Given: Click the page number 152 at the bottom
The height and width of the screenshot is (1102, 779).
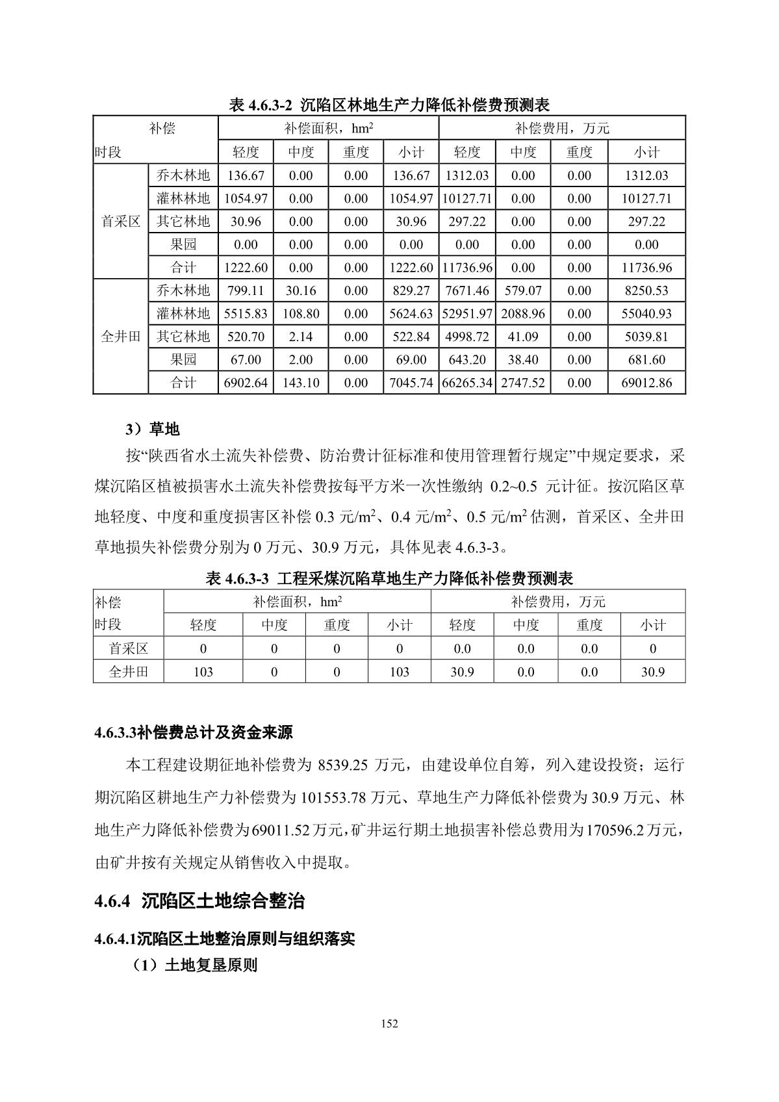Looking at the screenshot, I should [x=389, y=1024].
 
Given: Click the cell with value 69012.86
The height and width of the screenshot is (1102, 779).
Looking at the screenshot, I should [x=646, y=383].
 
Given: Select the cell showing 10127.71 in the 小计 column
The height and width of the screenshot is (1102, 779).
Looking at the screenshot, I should [x=646, y=198].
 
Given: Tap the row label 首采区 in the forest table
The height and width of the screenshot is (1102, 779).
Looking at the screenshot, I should [x=121, y=222].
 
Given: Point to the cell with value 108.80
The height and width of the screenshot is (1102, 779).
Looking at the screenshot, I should [x=301, y=314].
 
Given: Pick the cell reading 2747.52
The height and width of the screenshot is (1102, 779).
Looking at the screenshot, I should [x=522, y=383].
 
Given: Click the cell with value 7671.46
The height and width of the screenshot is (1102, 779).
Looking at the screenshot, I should [x=466, y=290].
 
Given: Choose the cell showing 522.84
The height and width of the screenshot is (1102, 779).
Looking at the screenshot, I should [x=411, y=337].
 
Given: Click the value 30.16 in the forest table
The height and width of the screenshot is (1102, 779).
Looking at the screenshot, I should [x=301, y=290].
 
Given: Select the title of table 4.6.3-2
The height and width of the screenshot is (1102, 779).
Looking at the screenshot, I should [x=389, y=105].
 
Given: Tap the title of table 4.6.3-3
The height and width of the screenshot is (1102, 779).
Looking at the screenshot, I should [x=389, y=578].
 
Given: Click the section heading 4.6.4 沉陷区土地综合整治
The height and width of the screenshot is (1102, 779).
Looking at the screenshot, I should [x=199, y=901].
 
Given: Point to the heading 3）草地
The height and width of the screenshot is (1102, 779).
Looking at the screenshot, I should [x=153, y=429].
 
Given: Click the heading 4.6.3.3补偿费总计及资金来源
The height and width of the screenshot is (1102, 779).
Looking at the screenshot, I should [x=193, y=733].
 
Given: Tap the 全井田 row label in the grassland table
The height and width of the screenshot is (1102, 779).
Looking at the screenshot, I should [x=128, y=672].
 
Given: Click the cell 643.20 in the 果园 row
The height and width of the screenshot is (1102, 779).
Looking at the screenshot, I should [x=466, y=360].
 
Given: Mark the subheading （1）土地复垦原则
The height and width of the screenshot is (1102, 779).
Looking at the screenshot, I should [x=195, y=966].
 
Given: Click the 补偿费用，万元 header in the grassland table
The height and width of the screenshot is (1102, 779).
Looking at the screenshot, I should [x=557, y=602].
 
